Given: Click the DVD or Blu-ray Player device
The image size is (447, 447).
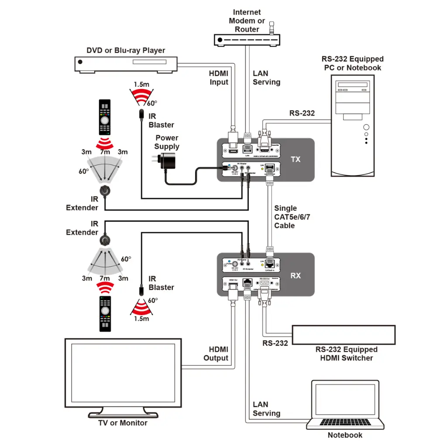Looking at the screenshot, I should pos(126,65).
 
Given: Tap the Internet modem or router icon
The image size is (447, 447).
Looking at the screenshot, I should pos(247,40).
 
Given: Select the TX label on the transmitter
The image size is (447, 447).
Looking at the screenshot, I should pos(296,159).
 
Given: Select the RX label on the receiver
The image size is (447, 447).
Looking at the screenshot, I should pos(296,275).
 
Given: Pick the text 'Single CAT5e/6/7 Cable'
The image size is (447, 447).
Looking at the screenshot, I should pos(292,217).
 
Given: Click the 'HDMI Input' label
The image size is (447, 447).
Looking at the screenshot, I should pos(218,78).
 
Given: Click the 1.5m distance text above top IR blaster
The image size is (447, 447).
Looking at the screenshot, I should pos(141,84).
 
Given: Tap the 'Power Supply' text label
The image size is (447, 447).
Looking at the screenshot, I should pos(167,142).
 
